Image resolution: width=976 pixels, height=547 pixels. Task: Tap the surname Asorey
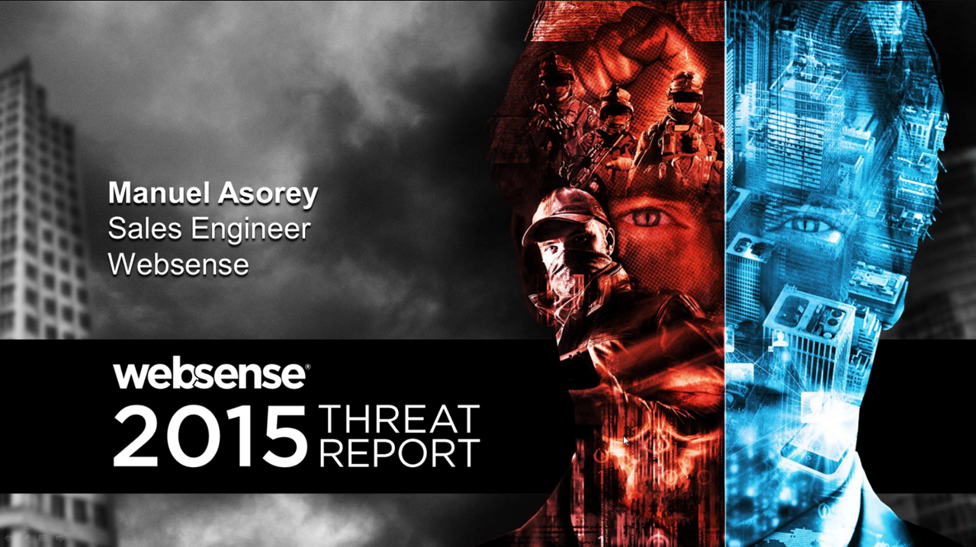[x=268, y=194]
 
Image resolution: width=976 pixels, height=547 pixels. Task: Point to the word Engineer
[x=251, y=230]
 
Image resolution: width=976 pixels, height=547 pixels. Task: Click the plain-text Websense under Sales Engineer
[x=178, y=264]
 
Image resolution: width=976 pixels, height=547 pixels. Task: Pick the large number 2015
[x=210, y=436]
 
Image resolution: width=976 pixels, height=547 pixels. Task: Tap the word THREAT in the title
[x=400, y=419]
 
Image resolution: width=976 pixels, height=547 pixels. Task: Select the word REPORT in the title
[x=400, y=453]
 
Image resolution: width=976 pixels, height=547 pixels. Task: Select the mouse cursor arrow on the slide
[x=626, y=440]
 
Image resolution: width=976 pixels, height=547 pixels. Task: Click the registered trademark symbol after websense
[x=308, y=366]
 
